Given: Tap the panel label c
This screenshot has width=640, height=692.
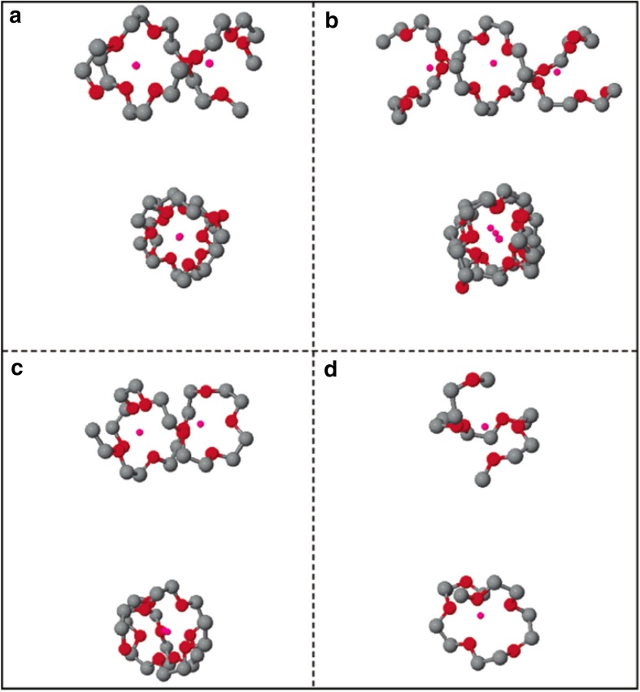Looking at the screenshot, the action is click(x=16, y=368).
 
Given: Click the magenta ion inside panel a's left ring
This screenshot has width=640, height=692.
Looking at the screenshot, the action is click(x=136, y=64).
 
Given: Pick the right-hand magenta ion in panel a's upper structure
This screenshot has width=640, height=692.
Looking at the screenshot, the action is click(x=210, y=63).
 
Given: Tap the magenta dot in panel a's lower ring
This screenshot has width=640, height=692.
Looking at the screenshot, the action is click(x=180, y=237).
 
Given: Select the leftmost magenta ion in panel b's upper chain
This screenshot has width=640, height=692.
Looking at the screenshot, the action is click(x=430, y=68).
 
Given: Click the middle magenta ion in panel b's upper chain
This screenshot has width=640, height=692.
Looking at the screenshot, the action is click(x=492, y=63).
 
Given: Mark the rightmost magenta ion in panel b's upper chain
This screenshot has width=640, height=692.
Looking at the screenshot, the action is click(x=557, y=72).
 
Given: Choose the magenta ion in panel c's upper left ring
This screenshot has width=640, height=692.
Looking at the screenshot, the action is click(x=140, y=432).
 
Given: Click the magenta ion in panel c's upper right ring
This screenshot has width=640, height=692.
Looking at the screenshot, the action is click(x=201, y=424).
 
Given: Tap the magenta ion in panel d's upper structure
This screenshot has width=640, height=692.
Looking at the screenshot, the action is click(x=485, y=426).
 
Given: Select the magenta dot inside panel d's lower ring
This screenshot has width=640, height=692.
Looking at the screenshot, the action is click(x=481, y=616).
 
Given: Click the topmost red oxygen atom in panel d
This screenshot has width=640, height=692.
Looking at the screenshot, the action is click(x=472, y=380).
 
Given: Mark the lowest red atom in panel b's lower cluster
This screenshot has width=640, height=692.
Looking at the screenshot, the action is click(x=463, y=288).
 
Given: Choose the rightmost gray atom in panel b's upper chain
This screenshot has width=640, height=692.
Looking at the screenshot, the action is click(x=615, y=89).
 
